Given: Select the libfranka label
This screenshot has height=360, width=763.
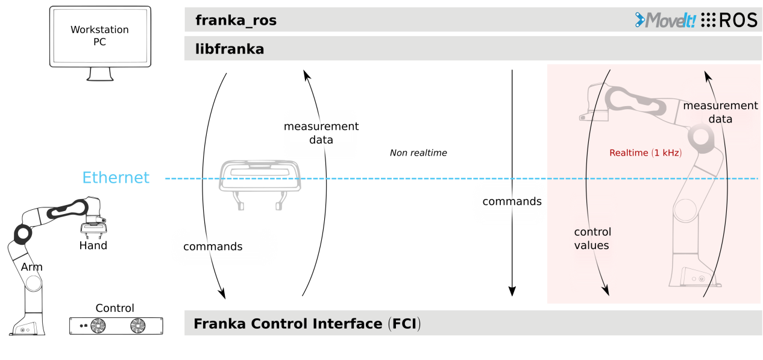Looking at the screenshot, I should tap(230, 49).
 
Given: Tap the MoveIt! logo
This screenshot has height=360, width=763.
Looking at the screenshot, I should tap(666, 20).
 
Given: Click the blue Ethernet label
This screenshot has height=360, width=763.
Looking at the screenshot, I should tap(116, 178).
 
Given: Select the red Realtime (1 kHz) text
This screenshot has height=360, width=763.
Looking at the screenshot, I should tap(645, 153).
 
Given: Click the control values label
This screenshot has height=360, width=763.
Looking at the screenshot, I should tap(592, 239).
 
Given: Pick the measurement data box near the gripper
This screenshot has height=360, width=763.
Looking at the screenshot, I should tap(320, 133).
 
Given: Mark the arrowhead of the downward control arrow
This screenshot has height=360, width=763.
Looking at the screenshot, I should tap(606, 291).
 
